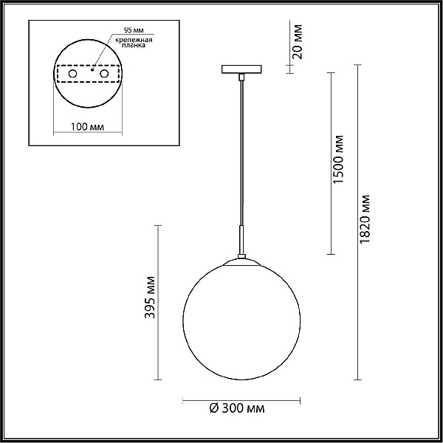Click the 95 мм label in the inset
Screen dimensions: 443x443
(134, 30)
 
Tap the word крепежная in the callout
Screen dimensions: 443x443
(134, 40)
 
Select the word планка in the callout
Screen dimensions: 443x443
(134, 45)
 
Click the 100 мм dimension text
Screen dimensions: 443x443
(87, 127)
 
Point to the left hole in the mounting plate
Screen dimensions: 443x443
(72, 74)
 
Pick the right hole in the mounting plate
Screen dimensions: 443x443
(104, 74)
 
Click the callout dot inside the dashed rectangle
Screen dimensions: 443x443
(92, 70)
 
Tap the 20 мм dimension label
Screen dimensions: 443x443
(298, 42)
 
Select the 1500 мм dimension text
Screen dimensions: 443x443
(338, 159)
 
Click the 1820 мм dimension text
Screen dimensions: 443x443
(365, 219)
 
